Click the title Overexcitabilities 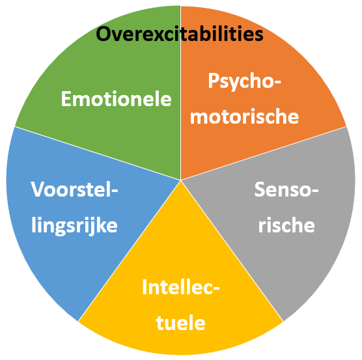point(180,34)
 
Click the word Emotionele point(117,99)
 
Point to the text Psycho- point(245,81)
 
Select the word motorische point(245,116)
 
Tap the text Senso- point(286,189)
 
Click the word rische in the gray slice point(286,225)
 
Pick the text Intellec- point(181,287)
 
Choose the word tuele point(181,322)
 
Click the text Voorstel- point(75,189)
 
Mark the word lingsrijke point(75,226)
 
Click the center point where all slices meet point(181,180)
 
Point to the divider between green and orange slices point(181,93)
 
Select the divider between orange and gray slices point(264,153)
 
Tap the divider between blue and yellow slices point(130,251)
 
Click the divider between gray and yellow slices point(232,251)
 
